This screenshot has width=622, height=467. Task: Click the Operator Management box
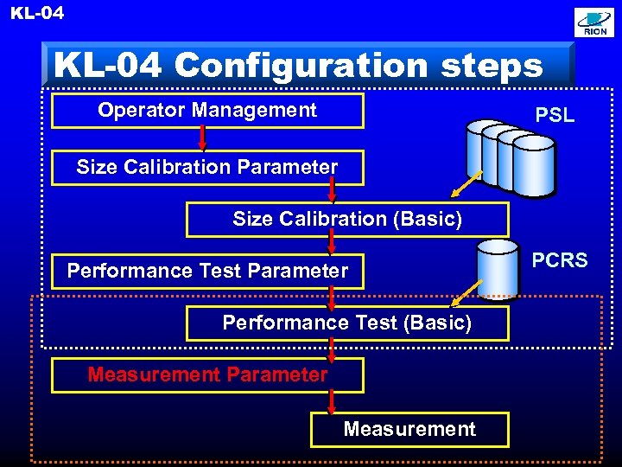(x=207, y=111)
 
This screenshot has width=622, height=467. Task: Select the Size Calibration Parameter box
(x=207, y=167)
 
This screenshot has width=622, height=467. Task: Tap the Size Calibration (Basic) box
(x=347, y=220)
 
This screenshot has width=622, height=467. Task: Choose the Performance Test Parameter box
(x=207, y=272)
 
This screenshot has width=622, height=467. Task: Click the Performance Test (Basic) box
(x=347, y=323)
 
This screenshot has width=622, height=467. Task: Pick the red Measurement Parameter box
(x=207, y=375)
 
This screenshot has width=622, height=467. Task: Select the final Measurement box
(x=409, y=429)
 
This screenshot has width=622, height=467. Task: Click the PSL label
(x=555, y=115)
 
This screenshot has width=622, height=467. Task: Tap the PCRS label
(x=559, y=260)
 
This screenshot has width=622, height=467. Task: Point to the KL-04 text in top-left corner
(x=37, y=13)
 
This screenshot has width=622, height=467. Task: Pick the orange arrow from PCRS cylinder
(x=467, y=292)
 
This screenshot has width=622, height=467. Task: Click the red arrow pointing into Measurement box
(x=332, y=402)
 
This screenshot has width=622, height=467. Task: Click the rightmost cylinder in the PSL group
(x=532, y=164)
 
